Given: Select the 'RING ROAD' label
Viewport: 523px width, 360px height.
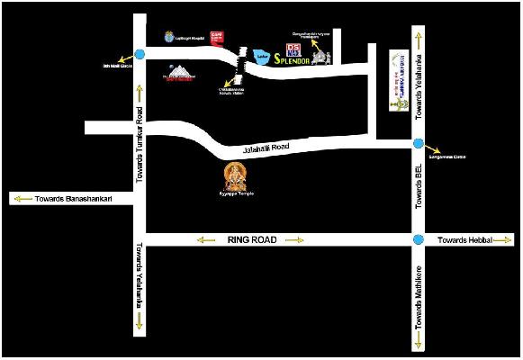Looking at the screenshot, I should [248, 240].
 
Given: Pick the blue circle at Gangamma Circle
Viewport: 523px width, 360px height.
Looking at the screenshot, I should [418, 143].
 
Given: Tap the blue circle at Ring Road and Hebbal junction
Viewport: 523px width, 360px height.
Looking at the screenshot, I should [418, 240].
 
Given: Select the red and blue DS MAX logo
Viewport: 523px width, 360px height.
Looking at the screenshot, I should [293, 49].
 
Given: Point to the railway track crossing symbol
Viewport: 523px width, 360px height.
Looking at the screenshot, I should [240, 61].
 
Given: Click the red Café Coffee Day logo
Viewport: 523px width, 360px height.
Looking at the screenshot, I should [215, 37].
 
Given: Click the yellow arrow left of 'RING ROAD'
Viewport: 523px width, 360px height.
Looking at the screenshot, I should [206, 240].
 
